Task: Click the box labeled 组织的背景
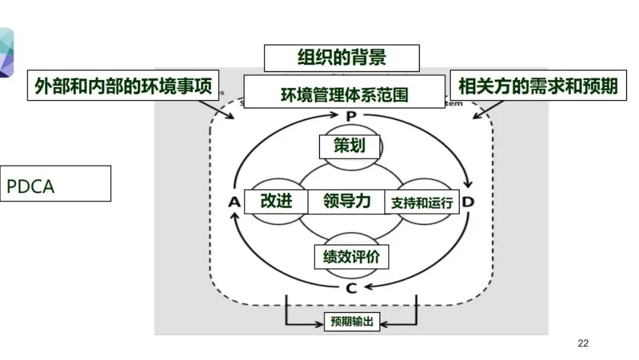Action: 341,58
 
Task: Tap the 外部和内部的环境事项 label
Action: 123,86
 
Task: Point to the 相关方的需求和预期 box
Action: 538,86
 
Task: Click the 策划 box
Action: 349,146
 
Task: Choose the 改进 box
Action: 276,201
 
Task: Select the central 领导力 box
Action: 347,201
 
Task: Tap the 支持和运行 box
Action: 422,202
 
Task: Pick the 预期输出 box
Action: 351,323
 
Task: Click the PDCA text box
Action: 55,184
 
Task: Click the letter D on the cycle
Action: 469,202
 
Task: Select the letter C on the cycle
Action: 351,288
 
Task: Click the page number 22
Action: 583,343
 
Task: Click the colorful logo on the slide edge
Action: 6,53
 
